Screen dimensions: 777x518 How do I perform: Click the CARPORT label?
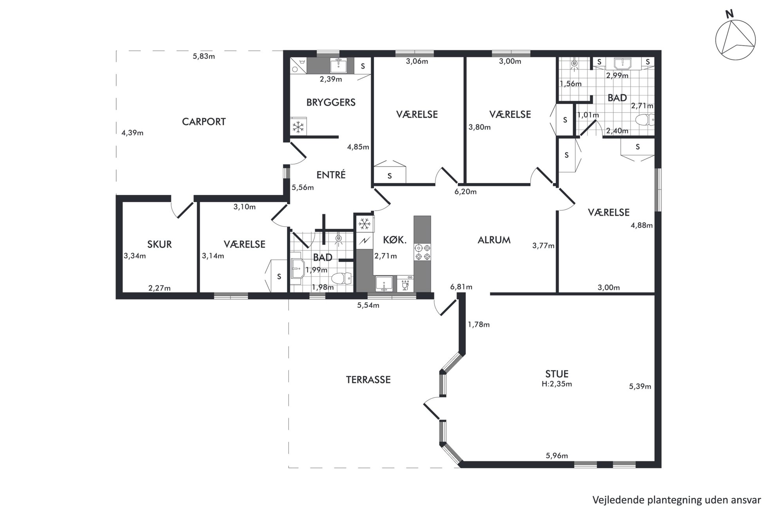coord(204,122)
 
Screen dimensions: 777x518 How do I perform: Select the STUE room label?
coord(557,374)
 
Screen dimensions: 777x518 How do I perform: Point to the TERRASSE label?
coord(368,380)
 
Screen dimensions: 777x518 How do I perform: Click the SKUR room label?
coord(159,244)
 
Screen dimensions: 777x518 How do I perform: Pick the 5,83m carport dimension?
coord(204,56)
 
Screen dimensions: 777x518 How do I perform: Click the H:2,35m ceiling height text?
coord(557,384)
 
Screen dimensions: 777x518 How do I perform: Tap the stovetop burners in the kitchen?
coord(423,252)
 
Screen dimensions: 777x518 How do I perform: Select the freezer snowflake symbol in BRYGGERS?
coord(298,127)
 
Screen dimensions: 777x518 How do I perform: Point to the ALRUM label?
coord(494,240)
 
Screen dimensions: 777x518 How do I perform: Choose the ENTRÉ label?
coord(331,175)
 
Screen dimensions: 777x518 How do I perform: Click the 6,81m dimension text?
coord(461,287)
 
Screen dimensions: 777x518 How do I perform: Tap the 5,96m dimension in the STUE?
coord(557,456)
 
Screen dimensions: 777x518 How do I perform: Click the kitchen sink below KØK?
coord(384,284)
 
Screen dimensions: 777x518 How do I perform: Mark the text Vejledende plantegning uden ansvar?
coord(676,500)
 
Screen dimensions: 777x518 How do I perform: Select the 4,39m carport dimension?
coord(132,133)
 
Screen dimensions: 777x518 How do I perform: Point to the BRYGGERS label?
coord(331,103)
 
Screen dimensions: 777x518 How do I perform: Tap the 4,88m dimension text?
coord(641,226)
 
